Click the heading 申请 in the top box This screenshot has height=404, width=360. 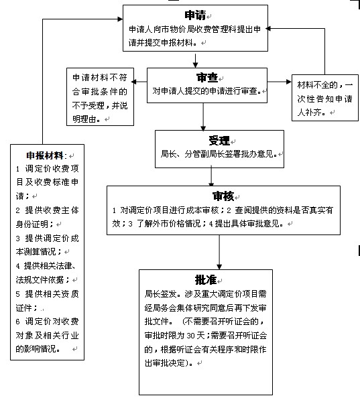(195, 15)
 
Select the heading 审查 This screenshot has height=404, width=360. (207, 77)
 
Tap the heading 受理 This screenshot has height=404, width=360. (219, 141)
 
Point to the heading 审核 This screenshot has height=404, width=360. (223, 196)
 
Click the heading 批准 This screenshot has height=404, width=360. (206, 280)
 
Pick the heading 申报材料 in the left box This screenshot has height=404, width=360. (45, 155)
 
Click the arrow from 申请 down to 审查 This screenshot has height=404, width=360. (196, 61)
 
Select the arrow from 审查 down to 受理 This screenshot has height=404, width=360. (203, 117)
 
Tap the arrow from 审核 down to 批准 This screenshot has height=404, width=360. (219, 252)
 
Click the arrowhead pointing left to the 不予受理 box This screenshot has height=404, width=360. (133, 82)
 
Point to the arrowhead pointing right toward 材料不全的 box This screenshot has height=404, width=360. (289, 82)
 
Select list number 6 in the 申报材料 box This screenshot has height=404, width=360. (17, 322)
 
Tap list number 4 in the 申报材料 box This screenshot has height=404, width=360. (17, 266)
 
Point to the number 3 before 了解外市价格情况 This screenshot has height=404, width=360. (131, 224)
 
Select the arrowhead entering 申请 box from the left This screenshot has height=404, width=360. (120, 19)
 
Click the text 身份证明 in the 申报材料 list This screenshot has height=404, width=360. (32, 224)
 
